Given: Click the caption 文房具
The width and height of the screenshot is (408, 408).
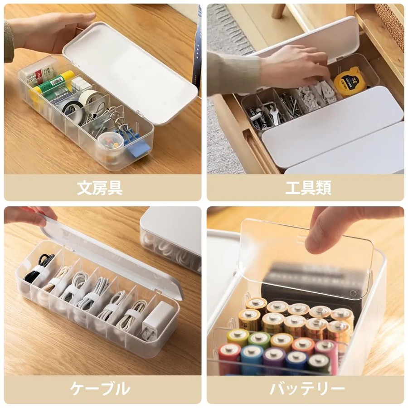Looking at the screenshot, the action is [x=100, y=188].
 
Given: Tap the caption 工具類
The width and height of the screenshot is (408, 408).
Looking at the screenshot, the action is [x=308, y=188].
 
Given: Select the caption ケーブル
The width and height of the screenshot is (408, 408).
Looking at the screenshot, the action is [x=100, y=389].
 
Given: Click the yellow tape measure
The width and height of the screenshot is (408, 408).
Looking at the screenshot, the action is [x=349, y=81].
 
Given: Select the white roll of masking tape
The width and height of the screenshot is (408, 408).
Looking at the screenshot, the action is [x=90, y=97].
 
